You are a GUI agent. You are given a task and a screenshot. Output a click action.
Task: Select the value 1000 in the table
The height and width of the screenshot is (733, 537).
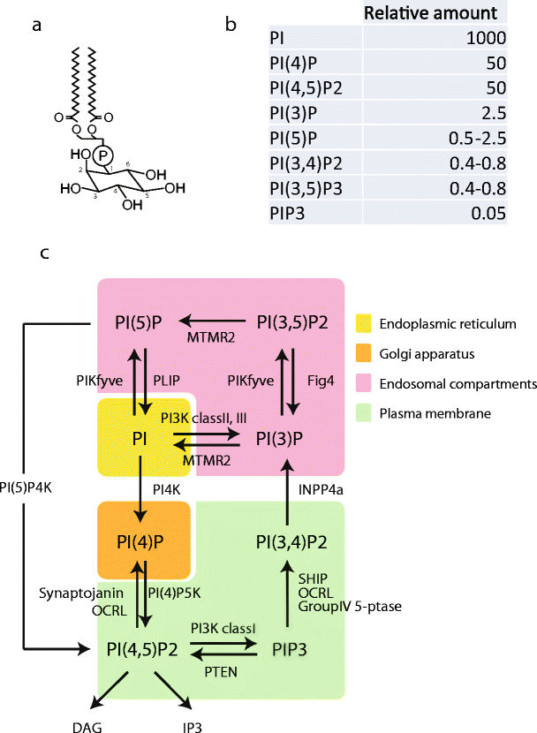click(487, 38)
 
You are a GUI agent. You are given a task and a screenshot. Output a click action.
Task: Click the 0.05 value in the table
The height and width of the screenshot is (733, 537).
click(489, 212)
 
